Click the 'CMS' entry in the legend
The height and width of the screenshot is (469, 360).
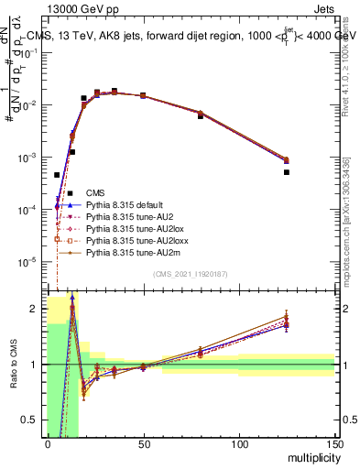click(94, 192)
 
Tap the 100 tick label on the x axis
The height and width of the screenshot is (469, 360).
click(239, 446)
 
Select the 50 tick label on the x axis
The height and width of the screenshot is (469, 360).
click(143, 446)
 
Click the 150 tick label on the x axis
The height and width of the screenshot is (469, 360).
click(334, 446)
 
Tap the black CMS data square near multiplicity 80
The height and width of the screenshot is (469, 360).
click(201, 116)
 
